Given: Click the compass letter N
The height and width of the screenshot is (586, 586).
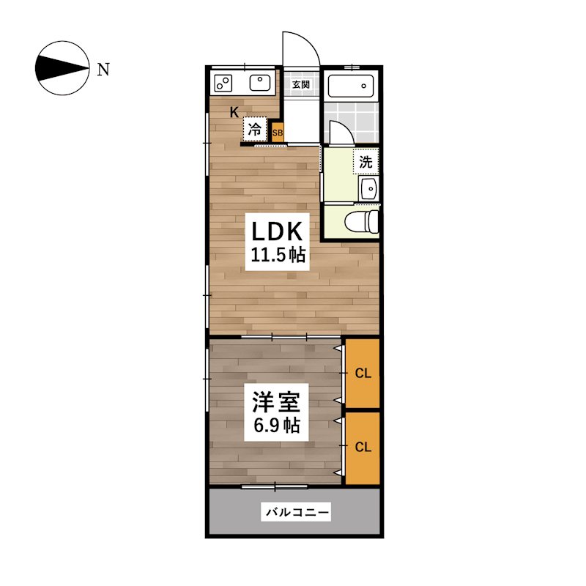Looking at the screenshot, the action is [x=103, y=70].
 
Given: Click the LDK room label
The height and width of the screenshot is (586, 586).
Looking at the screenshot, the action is [x=277, y=231].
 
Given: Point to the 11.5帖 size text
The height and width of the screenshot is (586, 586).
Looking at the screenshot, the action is [x=278, y=255].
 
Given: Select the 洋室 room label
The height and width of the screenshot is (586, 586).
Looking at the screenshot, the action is [x=276, y=401].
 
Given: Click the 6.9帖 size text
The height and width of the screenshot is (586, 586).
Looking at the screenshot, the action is [x=277, y=425].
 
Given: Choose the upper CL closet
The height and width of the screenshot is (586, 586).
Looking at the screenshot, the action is [x=363, y=373].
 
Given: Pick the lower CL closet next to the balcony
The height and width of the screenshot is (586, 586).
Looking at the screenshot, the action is [x=363, y=448].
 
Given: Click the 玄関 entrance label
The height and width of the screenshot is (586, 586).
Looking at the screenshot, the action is [x=301, y=84].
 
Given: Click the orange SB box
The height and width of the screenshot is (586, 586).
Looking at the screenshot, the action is [x=278, y=133].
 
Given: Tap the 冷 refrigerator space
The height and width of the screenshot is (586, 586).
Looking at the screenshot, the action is [x=255, y=130].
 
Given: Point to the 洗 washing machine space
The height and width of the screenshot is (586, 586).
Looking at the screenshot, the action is [x=366, y=161].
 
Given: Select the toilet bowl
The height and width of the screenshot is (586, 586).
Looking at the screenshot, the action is [x=362, y=222].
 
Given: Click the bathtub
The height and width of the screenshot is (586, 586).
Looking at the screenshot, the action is [x=351, y=86].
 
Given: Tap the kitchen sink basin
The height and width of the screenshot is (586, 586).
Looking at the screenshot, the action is [x=260, y=83].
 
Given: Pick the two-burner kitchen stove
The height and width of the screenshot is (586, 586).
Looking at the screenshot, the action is [x=223, y=84].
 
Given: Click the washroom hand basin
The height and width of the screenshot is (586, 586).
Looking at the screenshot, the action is [x=369, y=188].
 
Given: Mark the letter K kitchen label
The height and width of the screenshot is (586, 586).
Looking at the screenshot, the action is [x=234, y=112].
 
